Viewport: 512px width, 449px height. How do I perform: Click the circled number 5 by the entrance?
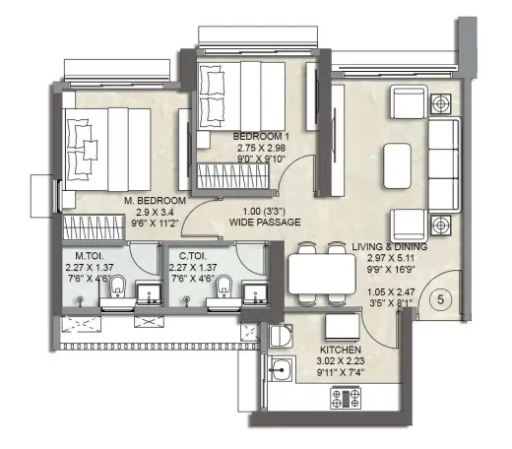(x=440, y=299)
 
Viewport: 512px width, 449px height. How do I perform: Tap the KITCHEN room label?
(x=341, y=350)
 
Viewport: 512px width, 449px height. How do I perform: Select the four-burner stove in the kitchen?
(x=346, y=398)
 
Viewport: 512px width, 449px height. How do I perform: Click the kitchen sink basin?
(x=281, y=369)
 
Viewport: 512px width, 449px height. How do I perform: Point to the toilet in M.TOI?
(x=117, y=287)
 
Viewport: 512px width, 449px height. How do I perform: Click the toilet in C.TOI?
(x=224, y=287)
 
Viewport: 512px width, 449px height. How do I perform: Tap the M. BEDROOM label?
(x=155, y=201)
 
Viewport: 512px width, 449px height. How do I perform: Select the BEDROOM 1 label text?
(x=261, y=136)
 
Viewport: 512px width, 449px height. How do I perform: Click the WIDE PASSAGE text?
(x=265, y=223)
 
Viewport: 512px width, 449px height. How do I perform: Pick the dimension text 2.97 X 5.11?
(x=391, y=258)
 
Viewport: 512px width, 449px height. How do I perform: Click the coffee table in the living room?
(x=397, y=165)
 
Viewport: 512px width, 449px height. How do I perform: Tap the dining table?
(x=322, y=274)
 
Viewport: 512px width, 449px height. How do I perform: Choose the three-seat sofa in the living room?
(x=445, y=164)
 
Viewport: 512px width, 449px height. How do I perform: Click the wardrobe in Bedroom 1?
(x=233, y=176)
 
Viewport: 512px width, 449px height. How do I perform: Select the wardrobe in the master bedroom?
(x=94, y=227)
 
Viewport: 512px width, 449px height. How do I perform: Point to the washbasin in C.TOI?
(x=255, y=293)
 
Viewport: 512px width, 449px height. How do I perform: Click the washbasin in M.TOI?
(x=149, y=293)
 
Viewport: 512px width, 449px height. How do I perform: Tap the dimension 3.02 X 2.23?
(x=341, y=361)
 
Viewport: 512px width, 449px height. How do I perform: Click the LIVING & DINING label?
(x=390, y=247)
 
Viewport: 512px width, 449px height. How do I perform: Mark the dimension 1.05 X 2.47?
(x=391, y=291)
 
